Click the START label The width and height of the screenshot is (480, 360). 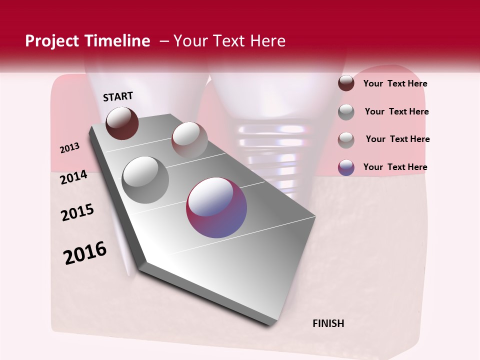pyautogui.click(x=118, y=96)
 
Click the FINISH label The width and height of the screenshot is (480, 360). pyautogui.click(x=328, y=323)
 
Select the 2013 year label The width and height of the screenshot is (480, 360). pyautogui.click(x=70, y=148)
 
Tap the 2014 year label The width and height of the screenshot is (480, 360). pyautogui.click(x=73, y=177)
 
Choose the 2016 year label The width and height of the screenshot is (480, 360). pyautogui.click(x=85, y=253)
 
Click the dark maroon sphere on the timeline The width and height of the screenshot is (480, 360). pyautogui.click(x=122, y=123)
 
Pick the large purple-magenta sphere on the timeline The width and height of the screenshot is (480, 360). pyautogui.click(x=216, y=207)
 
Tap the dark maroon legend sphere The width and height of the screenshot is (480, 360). pyautogui.click(x=346, y=83)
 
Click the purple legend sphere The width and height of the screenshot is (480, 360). pyautogui.click(x=346, y=167)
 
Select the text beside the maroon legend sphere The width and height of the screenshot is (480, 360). pyautogui.click(x=395, y=84)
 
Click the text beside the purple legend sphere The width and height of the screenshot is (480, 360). pyautogui.click(x=395, y=167)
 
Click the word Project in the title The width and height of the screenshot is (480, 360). pyautogui.click(x=51, y=41)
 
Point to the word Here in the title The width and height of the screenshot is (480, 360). pyautogui.click(x=267, y=41)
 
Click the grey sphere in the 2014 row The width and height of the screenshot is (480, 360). pyautogui.click(x=145, y=179)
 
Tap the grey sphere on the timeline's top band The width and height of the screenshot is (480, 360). pyautogui.click(x=189, y=139)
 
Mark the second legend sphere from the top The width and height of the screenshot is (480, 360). pyautogui.click(x=346, y=112)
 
